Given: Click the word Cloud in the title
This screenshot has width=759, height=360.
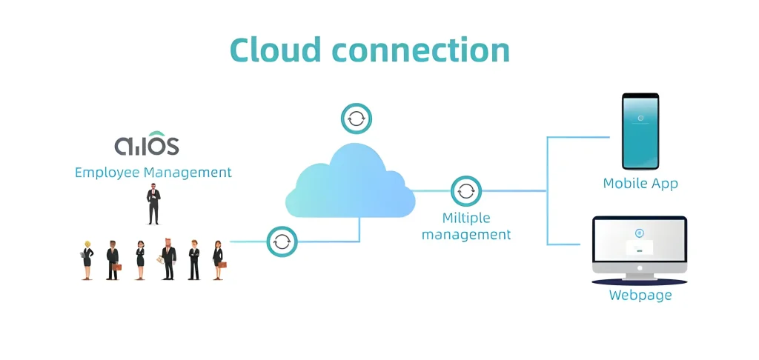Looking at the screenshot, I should pyautogui.click(x=275, y=50).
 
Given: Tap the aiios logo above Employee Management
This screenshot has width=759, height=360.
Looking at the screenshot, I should pyautogui.click(x=147, y=143).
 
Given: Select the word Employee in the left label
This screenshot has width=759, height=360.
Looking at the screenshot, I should pyautogui.click(x=107, y=173).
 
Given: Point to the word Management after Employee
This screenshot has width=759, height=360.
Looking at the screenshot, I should pyautogui.click(x=188, y=173).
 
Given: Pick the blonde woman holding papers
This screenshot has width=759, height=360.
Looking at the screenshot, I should pyautogui.click(x=87, y=259).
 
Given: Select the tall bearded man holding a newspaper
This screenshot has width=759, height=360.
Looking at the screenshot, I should pyautogui.click(x=168, y=259).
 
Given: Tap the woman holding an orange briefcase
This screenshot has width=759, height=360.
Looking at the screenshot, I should pyautogui.click(x=218, y=259).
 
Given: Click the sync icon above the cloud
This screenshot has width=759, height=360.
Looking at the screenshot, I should pyautogui.click(x=357, y=119).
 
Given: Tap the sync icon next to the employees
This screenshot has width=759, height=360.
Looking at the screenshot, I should pyautogui.click(x=282, y=241).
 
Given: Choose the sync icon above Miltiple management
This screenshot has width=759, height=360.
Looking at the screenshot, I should pyautogui.click(x=465, y=191).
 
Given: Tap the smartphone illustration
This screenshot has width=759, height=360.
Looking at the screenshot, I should pyautogui.click(x=640, y=131).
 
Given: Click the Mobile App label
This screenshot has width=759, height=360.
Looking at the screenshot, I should pyautogui.click(x=640, y=184).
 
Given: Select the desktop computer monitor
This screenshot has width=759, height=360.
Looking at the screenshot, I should pyautogui.click(x=639, y=247).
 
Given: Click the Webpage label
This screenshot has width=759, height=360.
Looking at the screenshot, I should pyautogui.click(x=640, y=296).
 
